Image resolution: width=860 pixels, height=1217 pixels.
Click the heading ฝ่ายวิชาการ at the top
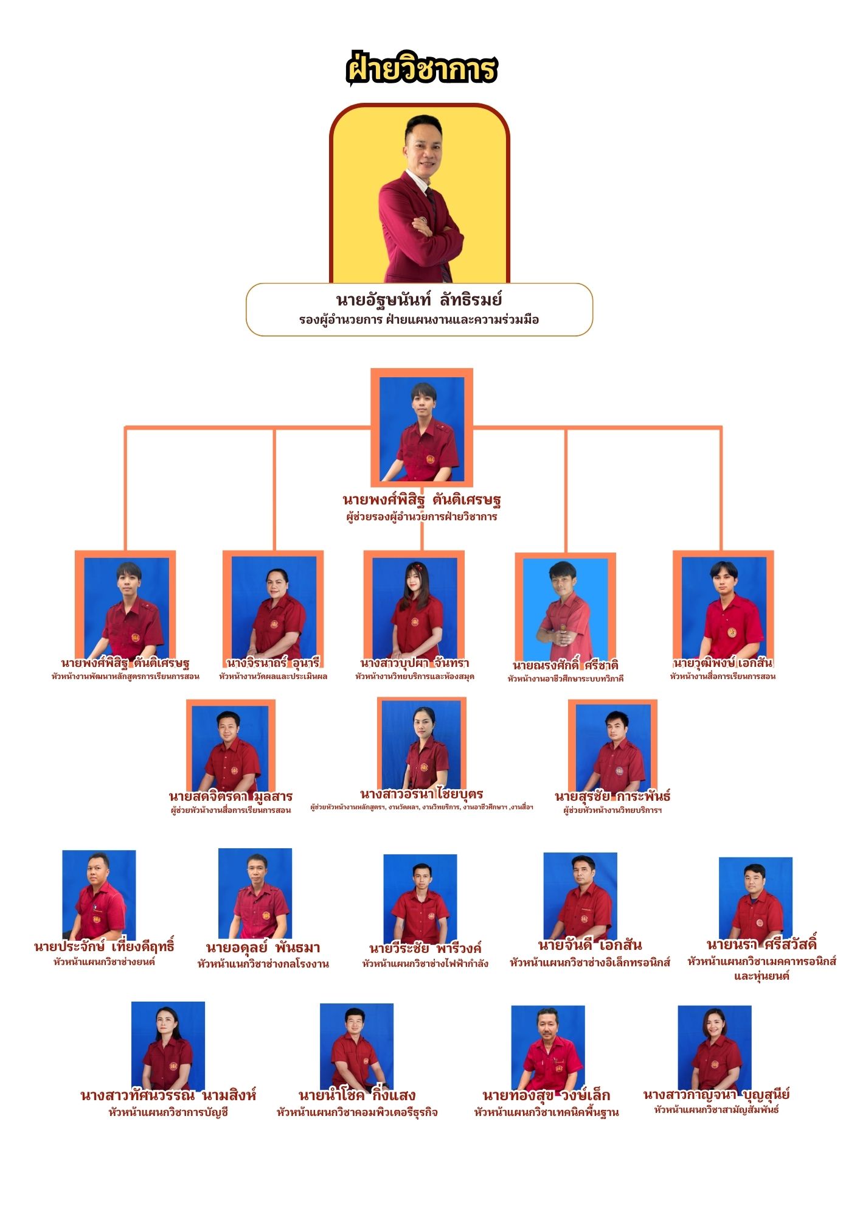(421, 69)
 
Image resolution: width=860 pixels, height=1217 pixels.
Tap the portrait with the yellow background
(419, 195)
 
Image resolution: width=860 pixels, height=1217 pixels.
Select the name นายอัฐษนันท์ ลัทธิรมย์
(419, 300)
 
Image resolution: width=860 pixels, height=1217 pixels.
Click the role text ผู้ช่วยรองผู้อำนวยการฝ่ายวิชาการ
(421, 517)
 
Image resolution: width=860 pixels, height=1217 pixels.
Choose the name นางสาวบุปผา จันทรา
(414, 663)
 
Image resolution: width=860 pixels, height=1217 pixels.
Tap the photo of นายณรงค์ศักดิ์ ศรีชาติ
(565, 608)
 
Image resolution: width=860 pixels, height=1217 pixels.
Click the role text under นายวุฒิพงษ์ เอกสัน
(723, 676)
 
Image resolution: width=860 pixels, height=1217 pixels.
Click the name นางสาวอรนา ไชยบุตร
(421, 794)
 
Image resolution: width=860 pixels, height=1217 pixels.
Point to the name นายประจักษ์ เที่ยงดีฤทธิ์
(104, 947)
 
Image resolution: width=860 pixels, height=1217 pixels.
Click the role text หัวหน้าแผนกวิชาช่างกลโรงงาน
(263, 964)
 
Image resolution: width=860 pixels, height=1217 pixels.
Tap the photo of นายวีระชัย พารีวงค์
(420, 898)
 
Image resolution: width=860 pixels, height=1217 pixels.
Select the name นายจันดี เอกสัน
(589, 945)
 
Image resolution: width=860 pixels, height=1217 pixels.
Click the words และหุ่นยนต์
(761, 976)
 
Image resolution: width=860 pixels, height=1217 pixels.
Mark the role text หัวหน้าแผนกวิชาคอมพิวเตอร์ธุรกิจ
(357, 1112)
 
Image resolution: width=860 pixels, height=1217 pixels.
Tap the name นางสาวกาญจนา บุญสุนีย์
(716, 1094)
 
